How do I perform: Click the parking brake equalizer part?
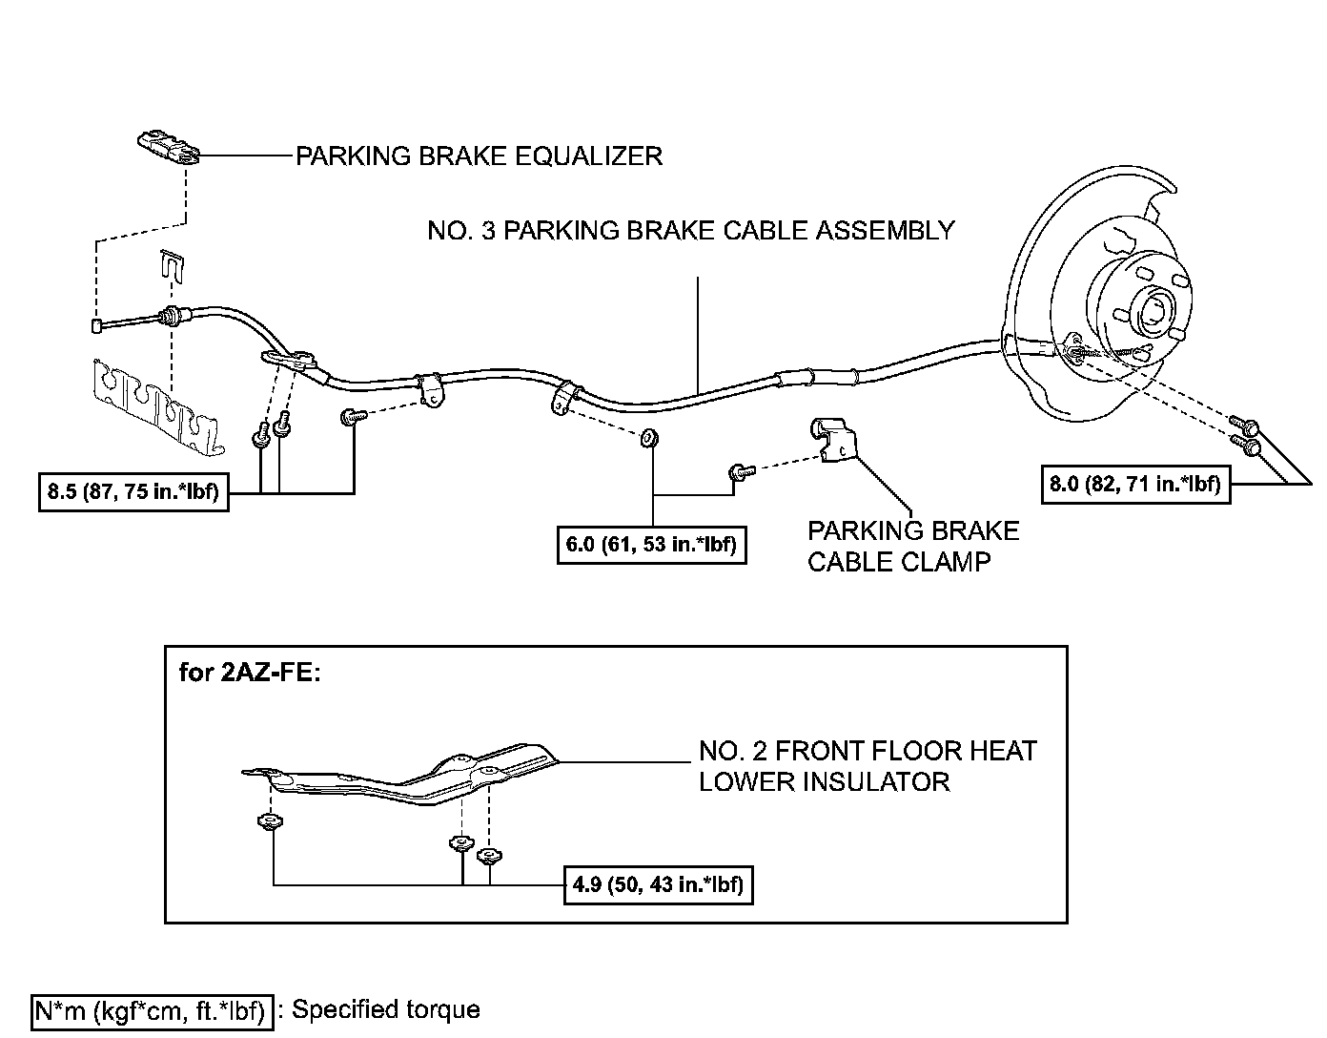click(x=169, y=148)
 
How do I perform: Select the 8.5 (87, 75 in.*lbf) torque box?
click(x=133, y=492)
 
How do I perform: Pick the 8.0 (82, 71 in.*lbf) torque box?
click(x=1134, y=484)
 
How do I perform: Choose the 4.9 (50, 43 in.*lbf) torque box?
click(x=658, y=884)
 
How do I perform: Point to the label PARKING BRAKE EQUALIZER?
click(x=479, y=156)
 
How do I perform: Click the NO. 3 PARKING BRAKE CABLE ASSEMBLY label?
click(x=690, y=230)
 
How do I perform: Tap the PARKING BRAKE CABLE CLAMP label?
click(x=912, y=546)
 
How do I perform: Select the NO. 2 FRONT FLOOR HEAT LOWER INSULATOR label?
click(x=868, y=766)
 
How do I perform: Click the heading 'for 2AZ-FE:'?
click(x=251, y=673)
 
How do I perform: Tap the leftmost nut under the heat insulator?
click(x=268, y=822)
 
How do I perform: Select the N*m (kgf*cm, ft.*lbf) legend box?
click(x=153, y=1010)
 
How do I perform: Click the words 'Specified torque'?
click(x=385, y=1009)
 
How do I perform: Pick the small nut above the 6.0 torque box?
click(x=649, y=439)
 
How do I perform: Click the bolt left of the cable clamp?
click(x=740, y=471)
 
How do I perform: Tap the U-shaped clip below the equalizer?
click(x=170, y=265)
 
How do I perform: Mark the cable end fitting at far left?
click(x=96, y=327)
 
